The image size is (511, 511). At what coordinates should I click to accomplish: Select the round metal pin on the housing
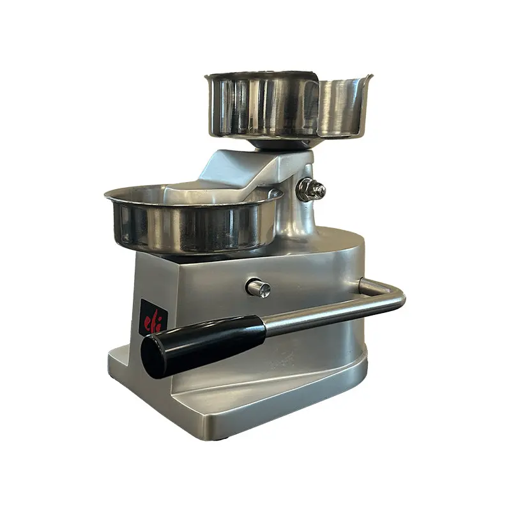click(x=258, y=287)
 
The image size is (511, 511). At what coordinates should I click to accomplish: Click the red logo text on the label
click(x=153, y=317)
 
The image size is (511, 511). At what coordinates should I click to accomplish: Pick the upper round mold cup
click(x=262, y=105)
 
